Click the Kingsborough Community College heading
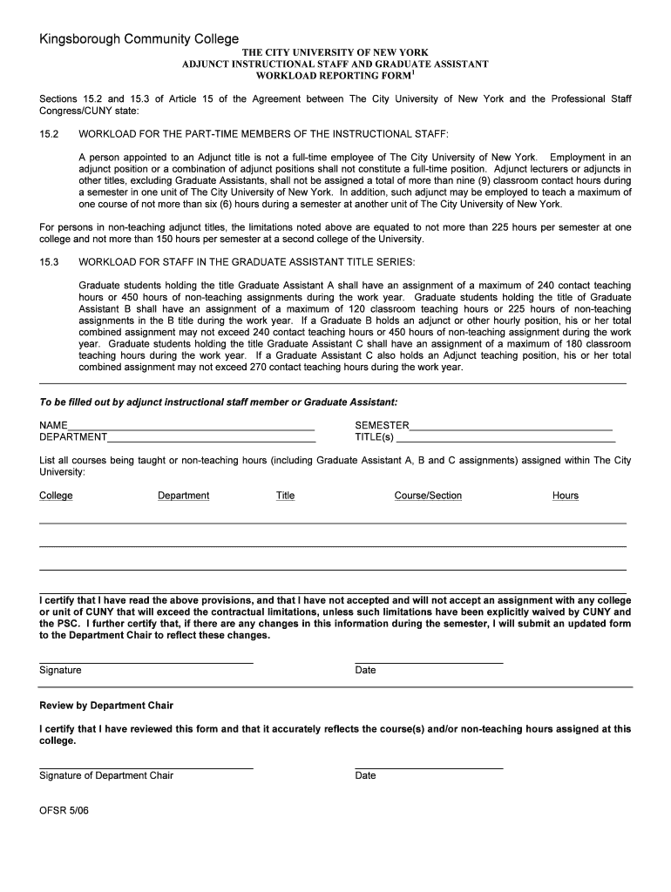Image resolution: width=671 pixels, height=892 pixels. (x=139, y=39)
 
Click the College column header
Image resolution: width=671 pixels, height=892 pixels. (x=56, y=496)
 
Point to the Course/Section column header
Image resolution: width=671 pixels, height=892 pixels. (x=428, y=496)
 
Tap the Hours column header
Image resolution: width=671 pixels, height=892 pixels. (x=565, y=496)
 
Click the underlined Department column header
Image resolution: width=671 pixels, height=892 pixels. (x=183, y=496)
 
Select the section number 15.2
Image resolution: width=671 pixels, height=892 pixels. (x=48, y=134)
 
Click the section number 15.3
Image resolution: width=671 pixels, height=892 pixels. (x=48, y=261)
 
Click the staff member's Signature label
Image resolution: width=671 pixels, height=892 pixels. (x=60, y=670)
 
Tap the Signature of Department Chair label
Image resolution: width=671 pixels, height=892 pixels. (x=106, y=775)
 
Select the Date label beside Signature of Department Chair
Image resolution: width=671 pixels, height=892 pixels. (x=365, y=775)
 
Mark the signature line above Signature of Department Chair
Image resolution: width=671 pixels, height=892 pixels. (x=146, y=768)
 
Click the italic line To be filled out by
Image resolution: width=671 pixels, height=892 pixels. (x=218, y=402)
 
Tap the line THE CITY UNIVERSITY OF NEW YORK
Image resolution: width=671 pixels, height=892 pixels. (x=335, y=52)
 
